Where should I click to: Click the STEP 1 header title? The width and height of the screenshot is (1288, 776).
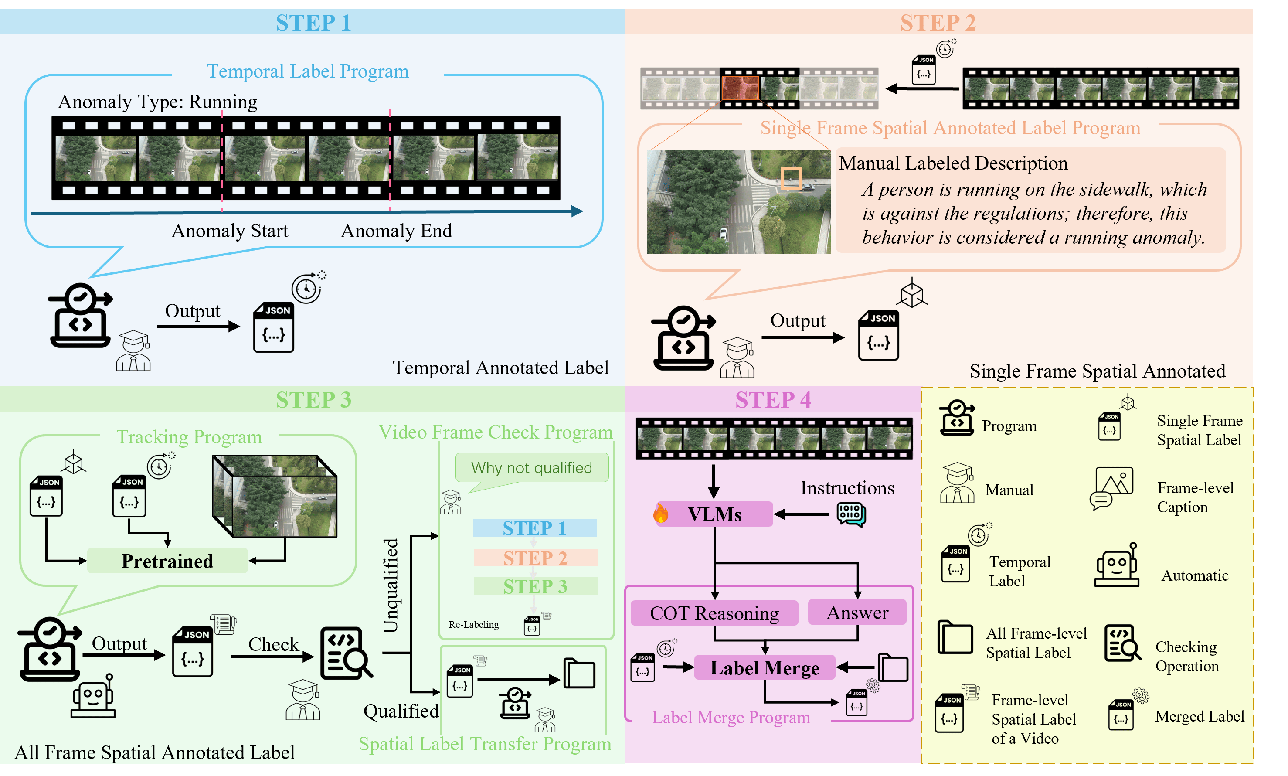313,23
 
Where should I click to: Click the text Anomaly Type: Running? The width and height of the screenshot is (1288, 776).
157,102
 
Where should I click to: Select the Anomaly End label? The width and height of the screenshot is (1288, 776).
396,231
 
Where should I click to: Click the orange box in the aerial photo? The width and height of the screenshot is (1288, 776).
790,178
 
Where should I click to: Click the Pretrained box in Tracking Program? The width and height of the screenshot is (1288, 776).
167,561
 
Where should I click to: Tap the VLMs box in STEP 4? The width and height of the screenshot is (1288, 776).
714,514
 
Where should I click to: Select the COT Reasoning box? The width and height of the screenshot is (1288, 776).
714,613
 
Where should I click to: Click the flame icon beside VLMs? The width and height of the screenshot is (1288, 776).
660,514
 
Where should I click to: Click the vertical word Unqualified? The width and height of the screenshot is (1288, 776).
391,585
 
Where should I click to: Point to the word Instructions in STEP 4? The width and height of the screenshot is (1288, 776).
847,487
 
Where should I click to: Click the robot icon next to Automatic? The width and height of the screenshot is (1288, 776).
1117,566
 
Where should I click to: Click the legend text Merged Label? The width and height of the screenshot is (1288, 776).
1199,716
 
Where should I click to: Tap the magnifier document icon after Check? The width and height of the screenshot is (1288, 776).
345,653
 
